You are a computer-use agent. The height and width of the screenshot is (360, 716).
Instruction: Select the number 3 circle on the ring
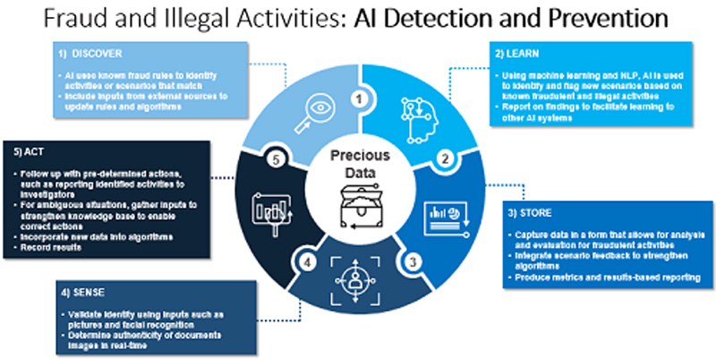point(411,261)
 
